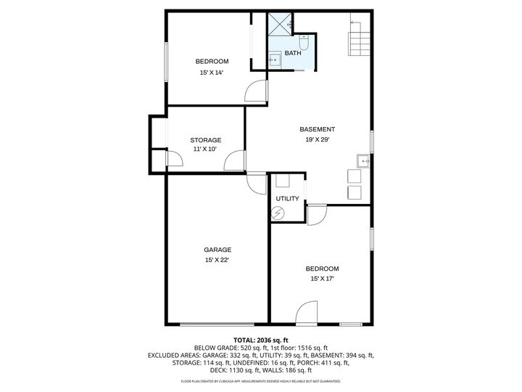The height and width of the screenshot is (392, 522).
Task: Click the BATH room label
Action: (293, 53)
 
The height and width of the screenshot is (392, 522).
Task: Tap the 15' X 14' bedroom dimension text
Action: (212, 73)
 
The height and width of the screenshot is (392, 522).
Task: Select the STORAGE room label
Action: (205, 140)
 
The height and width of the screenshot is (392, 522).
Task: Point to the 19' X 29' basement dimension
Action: (318, 141)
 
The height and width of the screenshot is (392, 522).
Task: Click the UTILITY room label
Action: (287, 198)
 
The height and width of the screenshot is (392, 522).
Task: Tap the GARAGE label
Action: (217, 250)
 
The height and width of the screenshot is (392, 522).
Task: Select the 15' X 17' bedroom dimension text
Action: (322, 279)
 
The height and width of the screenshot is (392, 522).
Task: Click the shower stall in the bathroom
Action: (280, 23)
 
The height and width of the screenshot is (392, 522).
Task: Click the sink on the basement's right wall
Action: (362, 160)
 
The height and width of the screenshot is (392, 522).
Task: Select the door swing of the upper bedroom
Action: (255, 91)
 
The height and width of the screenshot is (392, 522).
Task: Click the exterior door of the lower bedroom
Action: (307, 314)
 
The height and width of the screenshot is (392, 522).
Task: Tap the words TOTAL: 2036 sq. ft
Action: (260, 340)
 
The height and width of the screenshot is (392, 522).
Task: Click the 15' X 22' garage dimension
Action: (217, 260)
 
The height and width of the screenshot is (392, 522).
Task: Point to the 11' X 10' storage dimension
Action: (205, 150)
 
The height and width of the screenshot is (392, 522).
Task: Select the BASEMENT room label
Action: (318, 129)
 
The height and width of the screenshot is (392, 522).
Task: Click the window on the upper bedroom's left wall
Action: (166, 62)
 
